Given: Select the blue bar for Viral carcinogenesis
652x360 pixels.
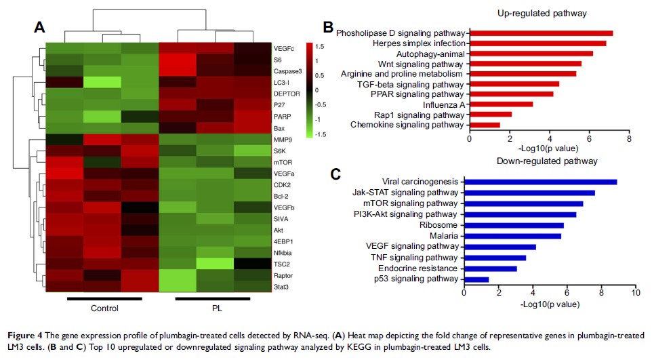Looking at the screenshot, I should click(x=539, y=182).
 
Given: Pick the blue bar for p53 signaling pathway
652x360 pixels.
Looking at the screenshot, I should click(x=476, y=279).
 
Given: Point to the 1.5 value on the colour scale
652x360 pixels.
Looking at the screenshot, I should click(x=319, y=47).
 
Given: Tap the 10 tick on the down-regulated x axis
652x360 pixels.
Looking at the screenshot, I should click(x=635, y=293).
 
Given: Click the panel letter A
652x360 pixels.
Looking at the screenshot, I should click(x=39, y=28).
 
